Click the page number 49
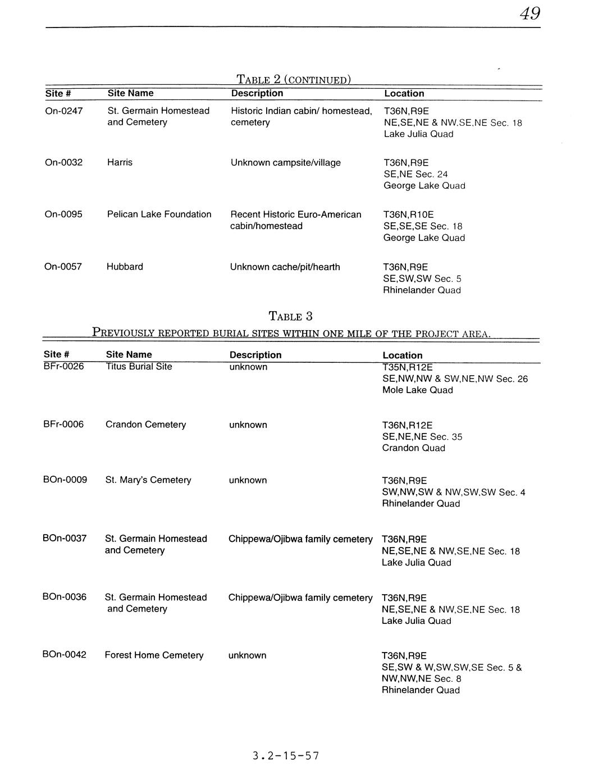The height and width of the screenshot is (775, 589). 529,13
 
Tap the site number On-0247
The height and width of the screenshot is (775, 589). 63,111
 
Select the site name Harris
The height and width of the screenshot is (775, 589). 120,162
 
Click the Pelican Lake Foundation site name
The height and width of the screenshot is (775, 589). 159,214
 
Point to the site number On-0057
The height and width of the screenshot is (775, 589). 63,266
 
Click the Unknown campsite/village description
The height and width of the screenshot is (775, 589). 285,163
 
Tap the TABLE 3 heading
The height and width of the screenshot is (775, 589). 290,316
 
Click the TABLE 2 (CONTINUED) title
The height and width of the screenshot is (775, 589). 294,79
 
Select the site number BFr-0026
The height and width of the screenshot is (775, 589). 63,367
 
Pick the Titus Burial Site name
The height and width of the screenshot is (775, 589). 139,367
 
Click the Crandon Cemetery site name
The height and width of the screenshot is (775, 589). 145,425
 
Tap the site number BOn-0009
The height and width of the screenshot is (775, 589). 65,480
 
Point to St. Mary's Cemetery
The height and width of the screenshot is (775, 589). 148,480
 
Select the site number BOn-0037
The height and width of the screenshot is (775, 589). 65,538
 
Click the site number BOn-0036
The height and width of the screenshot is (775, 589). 65,596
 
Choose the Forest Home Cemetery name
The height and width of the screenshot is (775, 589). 154,655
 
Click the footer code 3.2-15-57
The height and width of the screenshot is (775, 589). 285,756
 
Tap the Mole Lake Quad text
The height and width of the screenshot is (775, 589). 417,390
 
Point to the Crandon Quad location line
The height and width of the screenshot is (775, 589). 413,448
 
